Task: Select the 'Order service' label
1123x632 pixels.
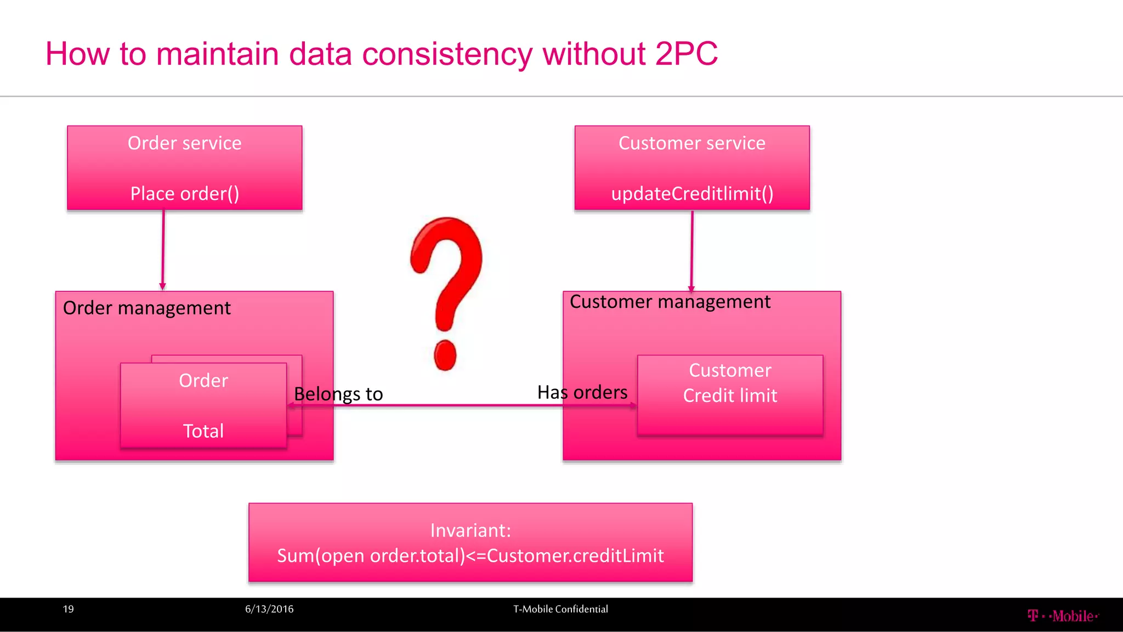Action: (184, 143)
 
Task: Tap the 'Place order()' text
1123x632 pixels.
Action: (184, 194)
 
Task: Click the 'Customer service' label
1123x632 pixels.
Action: (691, 143)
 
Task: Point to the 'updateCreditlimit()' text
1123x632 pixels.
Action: (692, 194)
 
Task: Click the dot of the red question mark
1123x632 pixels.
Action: (445, 355)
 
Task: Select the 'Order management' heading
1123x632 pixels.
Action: (146, 308)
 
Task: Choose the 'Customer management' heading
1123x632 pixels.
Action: (670, 302)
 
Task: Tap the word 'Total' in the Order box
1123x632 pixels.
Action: (203, 431)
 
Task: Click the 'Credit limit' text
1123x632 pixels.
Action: (730, 396)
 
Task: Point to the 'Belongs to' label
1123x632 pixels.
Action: (338, 394)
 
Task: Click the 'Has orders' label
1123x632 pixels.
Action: (582, 392)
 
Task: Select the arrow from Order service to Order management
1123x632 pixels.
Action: (163, 250)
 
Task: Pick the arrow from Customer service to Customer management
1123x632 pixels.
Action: (692, 250)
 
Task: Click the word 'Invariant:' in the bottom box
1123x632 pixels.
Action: (470, 531)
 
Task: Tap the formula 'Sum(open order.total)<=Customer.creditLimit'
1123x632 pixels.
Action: (470, 556)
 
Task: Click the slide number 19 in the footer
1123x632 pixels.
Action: (68, 609)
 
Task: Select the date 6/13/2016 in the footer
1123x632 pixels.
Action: (269, 609)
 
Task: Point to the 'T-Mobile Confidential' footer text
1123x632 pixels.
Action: (560, 609)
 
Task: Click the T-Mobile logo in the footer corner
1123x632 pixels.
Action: (1062, 616)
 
